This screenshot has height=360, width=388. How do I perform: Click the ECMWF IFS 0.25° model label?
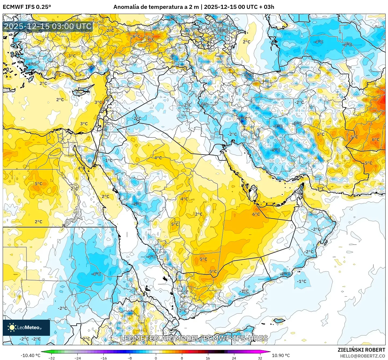click(x=27, y=7)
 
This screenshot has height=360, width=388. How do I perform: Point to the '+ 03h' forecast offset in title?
click(x=265, y=7)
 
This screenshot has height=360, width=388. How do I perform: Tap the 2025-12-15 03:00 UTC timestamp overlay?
click(x=48, y=26)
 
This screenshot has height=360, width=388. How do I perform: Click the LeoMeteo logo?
click(x=26, y=327)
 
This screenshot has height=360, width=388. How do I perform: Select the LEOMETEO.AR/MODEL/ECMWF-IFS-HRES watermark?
click(x=194, y=338)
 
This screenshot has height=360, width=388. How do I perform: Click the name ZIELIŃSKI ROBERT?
click(x=361, y=350)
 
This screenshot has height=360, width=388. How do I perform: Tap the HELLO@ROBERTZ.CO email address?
click(x=362, y=356)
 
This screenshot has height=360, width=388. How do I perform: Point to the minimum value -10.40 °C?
click(x=30, y=355)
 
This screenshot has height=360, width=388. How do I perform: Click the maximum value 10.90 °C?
click(x=281, y=355)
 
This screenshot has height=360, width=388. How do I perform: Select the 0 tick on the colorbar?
click(x=156, y=358)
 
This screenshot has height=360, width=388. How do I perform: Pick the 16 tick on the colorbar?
click(x=208, y=358)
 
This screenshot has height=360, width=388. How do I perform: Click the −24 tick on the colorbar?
click(x=78, y=358)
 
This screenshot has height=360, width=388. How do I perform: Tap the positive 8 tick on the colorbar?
click(x=182, y=358)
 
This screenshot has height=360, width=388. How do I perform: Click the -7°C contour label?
click(x=278, y=126)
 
